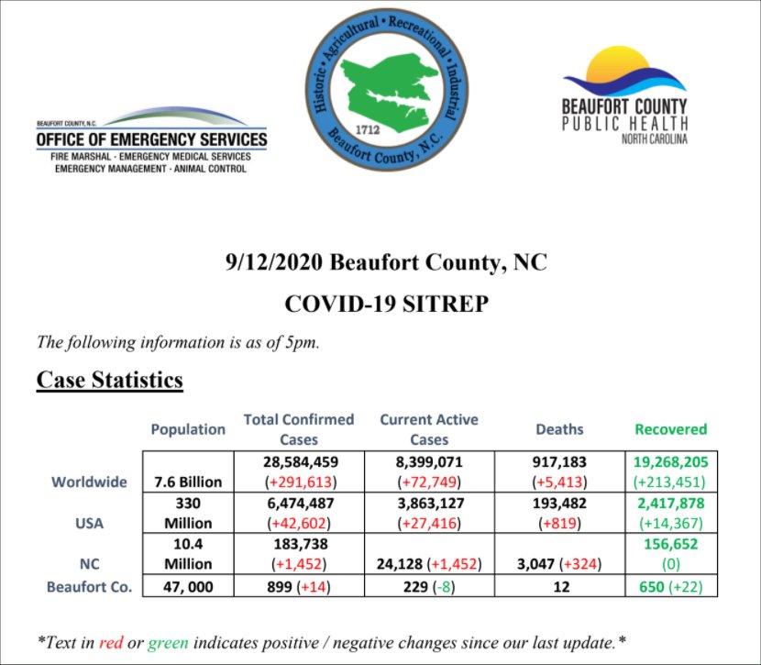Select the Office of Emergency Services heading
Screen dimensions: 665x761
(151, 139)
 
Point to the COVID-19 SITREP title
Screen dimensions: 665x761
(385, 303)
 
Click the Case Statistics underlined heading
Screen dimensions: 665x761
(110, 380)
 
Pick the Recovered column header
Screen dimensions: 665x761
(672, 428)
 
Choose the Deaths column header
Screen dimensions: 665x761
(559, 428)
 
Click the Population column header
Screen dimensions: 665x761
(188, 428)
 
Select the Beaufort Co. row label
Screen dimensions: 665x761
(90, 587)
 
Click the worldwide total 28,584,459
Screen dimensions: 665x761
(300, 461)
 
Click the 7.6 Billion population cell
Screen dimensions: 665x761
(188, 482)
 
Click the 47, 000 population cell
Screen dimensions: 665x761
(188, 587)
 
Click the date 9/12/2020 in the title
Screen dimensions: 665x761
(272, 262)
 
